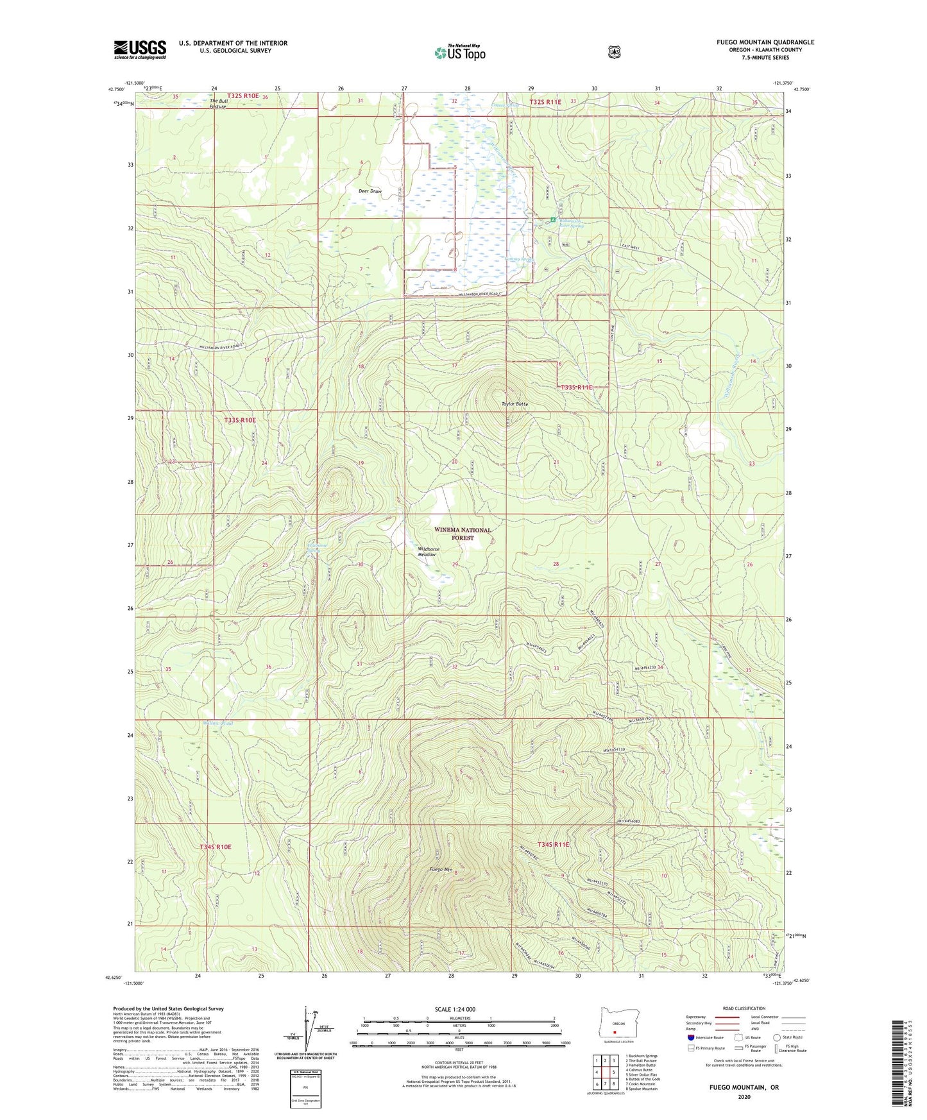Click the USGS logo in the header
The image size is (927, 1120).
point(140,49)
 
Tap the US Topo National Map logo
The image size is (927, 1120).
point(460,52)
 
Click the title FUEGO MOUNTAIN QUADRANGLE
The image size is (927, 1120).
point(765,42)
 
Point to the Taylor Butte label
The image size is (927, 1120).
point(515,404)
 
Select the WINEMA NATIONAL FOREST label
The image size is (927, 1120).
point(463,534)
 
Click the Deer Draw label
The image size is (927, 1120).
point(370,191)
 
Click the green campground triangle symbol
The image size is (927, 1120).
point(552,220)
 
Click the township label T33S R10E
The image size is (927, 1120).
point(240,420)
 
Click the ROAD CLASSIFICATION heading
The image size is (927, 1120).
point(744,1008)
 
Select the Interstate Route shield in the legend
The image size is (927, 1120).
point(690,1037)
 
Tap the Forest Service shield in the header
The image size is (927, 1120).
point(614,51)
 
